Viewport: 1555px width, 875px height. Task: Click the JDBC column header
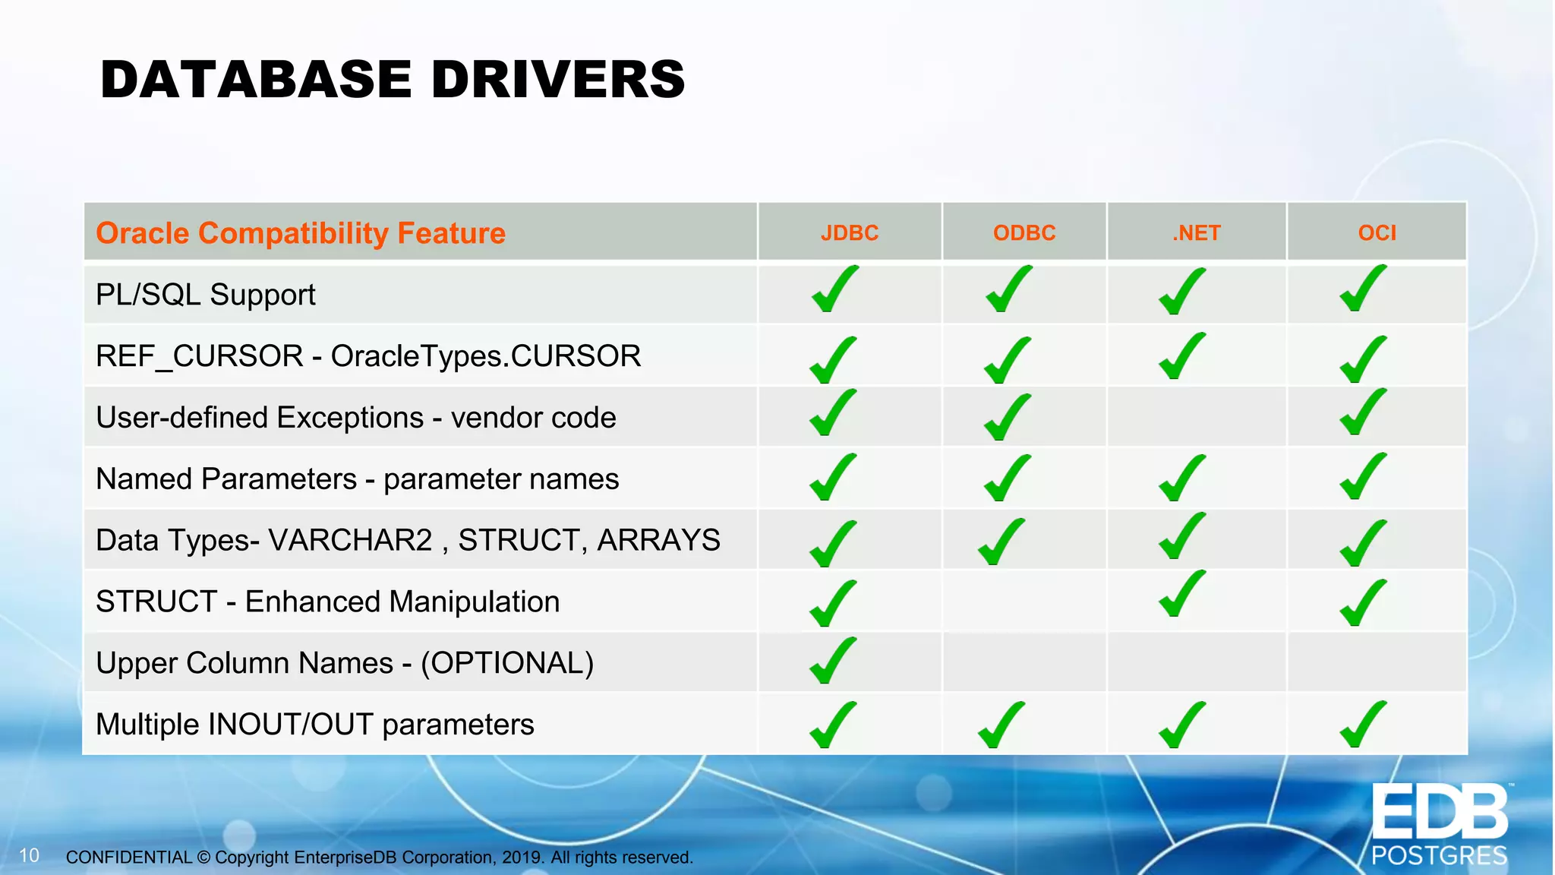(849, 232)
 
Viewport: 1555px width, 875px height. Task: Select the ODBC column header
(1024, 232)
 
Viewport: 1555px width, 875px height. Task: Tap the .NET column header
(1197, 232)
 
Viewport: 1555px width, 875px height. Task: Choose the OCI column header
(1377, 232)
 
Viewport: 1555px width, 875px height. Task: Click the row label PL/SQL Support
(206, 295)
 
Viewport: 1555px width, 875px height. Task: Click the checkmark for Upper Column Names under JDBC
(833, 661)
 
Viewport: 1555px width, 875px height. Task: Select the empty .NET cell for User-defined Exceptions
(1197, 417)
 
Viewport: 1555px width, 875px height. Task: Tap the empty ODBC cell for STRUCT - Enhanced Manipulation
(1024, 602)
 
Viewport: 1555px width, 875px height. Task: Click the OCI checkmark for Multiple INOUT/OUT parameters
(1363, 725)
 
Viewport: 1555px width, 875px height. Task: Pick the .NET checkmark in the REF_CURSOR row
(1181, 356)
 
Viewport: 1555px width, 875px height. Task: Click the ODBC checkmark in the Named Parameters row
(1007, 478)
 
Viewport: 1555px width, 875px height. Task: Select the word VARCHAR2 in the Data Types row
(350, 540)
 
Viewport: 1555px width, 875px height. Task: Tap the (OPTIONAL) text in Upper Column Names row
(507, 663)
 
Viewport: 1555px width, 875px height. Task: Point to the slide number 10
(29, 856)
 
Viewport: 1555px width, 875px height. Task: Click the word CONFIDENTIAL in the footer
(129, 858)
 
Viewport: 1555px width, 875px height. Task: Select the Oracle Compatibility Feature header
(301, 233)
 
